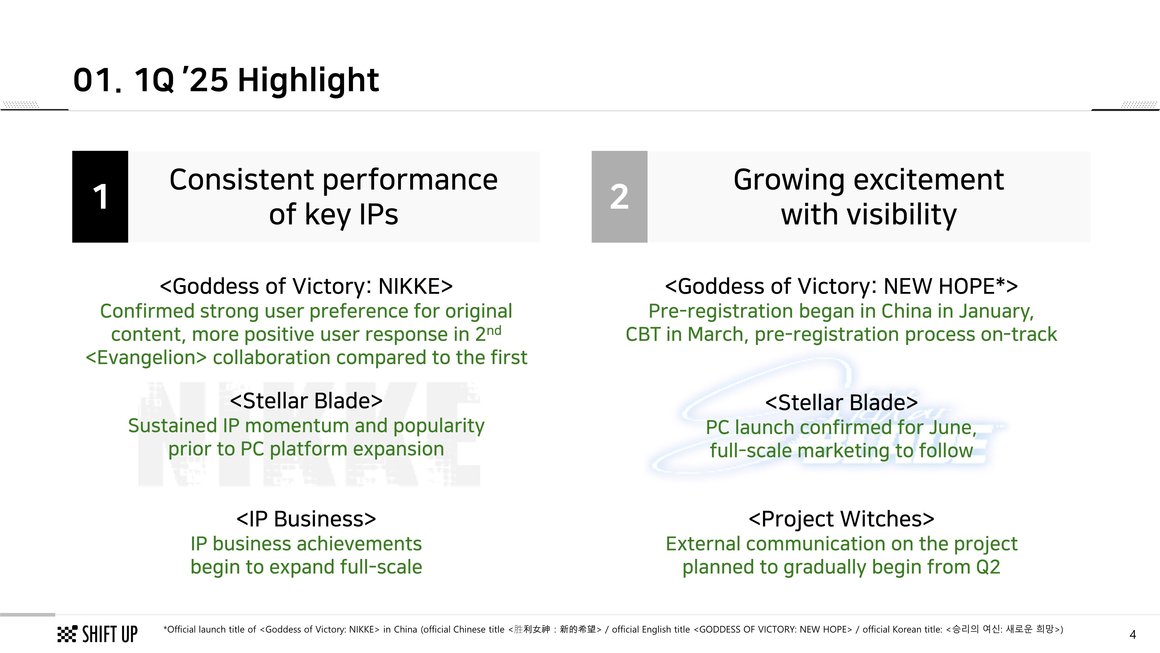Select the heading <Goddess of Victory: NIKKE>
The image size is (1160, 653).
(306, 286)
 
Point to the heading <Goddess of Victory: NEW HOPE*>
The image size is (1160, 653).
(841, 286)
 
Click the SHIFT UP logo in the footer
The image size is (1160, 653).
(97, 634)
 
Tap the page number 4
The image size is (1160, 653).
(1132, 634)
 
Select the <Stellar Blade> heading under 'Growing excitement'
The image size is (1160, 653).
(841, 403)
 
